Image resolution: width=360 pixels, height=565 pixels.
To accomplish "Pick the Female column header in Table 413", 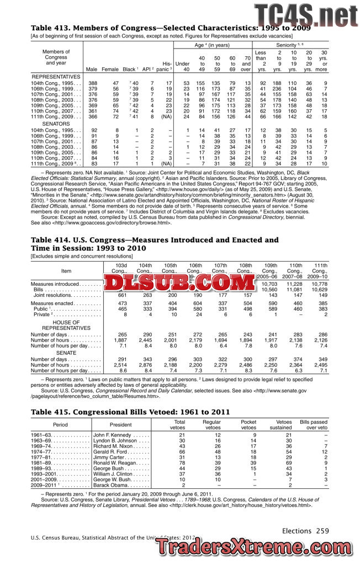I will click(x=110, y=69).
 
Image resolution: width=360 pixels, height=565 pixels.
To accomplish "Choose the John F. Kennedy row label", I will click(x=113, y=435).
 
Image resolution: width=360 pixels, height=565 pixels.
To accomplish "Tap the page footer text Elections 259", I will click(x=305, y=531).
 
